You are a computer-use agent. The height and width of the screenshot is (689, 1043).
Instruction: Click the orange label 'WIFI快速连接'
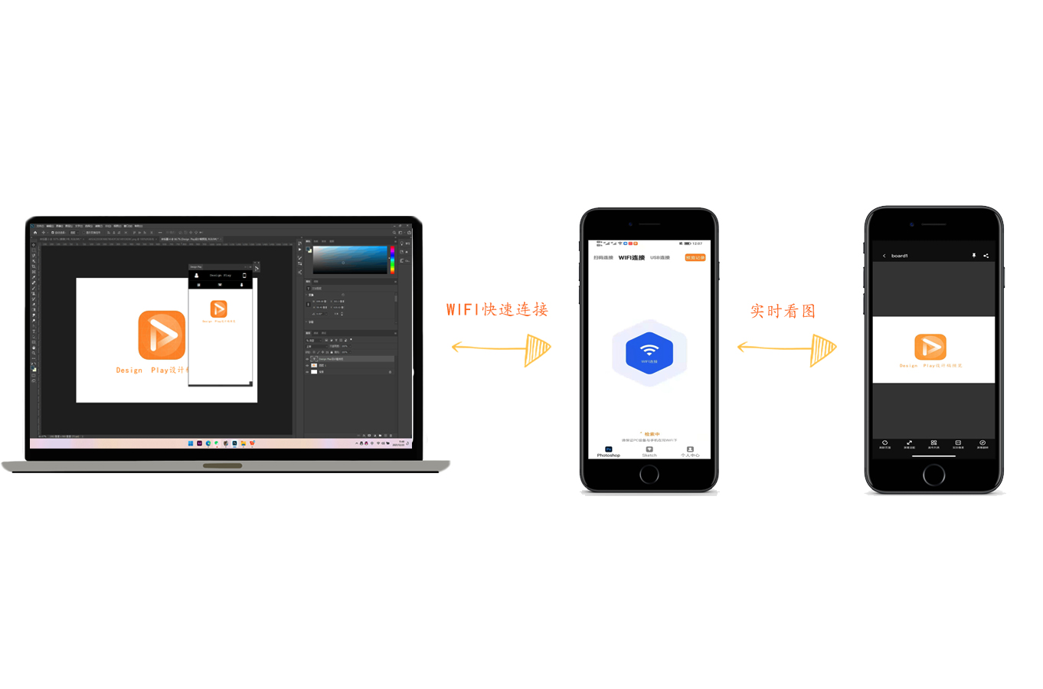497,309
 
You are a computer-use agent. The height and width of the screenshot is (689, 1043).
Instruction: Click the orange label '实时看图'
783,311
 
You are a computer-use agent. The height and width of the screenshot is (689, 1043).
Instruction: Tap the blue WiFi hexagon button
649,353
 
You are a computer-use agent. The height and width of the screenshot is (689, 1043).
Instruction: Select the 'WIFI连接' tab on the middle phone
632,258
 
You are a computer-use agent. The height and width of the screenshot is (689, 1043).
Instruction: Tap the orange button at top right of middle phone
695,258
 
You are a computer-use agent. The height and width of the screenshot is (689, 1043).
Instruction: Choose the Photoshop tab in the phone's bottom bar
609,452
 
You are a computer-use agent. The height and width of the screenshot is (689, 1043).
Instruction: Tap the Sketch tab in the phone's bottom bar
649,452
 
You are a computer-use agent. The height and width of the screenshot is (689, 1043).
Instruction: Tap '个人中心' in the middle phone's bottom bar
690,452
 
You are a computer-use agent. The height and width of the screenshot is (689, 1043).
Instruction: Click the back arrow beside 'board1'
884,256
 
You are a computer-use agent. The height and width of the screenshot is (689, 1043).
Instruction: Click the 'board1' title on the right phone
900,256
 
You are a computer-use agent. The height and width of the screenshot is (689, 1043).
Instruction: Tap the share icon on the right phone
986,256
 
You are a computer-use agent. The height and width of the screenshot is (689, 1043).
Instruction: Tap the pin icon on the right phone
974,256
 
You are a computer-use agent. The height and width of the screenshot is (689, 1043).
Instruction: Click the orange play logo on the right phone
930,347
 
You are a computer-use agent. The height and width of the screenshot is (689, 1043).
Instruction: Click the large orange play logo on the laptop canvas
162,335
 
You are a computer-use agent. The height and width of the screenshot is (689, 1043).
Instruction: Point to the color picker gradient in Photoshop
350,260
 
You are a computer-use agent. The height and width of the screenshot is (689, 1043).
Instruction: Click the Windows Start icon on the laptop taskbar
191,443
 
